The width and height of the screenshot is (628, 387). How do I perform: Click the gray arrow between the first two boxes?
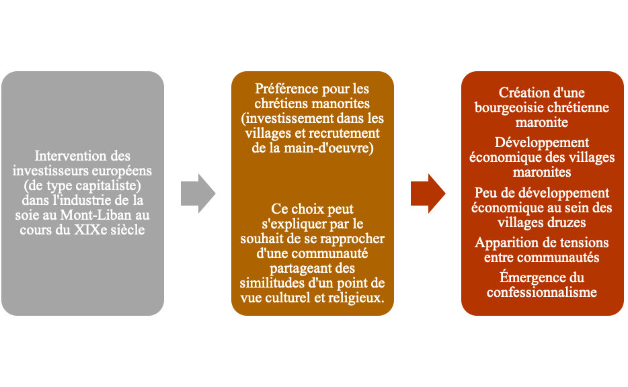pyautogui.click(x=198, y=193)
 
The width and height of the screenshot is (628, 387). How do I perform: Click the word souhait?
pyautogui.click(x=270, y=239)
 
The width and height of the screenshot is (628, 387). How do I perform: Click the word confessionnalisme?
pyautogui.click(x=542, y=292)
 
